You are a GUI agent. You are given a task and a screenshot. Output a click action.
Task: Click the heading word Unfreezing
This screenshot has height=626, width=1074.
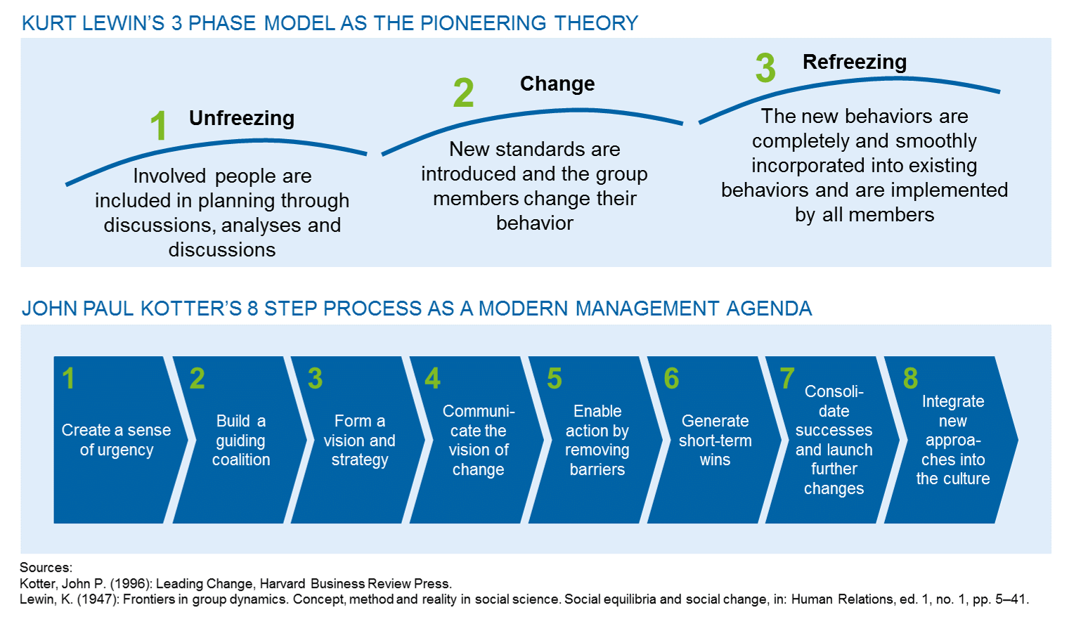point(242,119)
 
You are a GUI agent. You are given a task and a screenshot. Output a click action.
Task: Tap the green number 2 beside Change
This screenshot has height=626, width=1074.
point(463,93)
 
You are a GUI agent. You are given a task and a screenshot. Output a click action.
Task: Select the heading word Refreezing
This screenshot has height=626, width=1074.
point(855,63)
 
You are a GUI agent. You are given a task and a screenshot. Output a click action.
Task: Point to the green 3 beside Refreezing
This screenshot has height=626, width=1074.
point(765,67)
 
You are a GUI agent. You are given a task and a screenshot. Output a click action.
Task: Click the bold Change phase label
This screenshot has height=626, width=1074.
point(557,84)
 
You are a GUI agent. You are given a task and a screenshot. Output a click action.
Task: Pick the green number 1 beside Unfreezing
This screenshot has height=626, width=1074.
point(159,126)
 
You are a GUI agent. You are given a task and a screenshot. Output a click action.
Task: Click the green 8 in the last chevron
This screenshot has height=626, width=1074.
point(910,378)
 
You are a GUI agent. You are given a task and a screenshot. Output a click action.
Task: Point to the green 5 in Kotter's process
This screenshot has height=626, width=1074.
point(555,378)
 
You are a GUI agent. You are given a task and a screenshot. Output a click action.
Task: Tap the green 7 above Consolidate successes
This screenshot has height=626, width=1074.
point(787,378)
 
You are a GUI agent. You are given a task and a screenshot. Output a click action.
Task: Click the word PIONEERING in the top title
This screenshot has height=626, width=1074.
point(484,23)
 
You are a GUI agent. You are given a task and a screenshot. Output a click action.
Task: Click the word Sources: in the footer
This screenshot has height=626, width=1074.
point(46,568)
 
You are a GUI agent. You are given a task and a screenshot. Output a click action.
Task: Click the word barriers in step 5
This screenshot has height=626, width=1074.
point(597,470)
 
